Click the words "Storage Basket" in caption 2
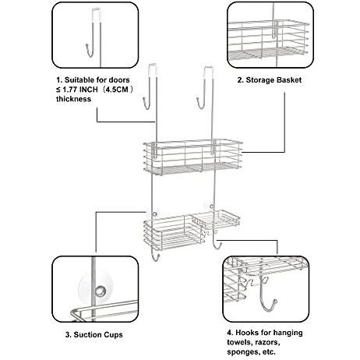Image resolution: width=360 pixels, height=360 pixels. (274, 79)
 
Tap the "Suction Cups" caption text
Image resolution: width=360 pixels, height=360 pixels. (98, 334)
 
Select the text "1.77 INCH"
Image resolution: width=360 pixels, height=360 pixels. (80, 90)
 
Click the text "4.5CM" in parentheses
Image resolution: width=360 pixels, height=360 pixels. (118, 90)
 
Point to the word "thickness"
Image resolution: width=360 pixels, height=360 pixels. (73, 99)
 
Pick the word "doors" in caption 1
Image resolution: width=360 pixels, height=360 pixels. (119, 79)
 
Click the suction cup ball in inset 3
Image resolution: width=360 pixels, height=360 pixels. (100, 291)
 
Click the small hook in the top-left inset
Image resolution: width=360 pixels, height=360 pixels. (89, 51)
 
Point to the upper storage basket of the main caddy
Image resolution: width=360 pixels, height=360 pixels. (192, 157)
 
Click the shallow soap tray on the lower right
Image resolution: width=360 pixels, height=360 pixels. (215, 220)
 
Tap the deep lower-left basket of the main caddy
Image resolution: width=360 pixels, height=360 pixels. (171, 235)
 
